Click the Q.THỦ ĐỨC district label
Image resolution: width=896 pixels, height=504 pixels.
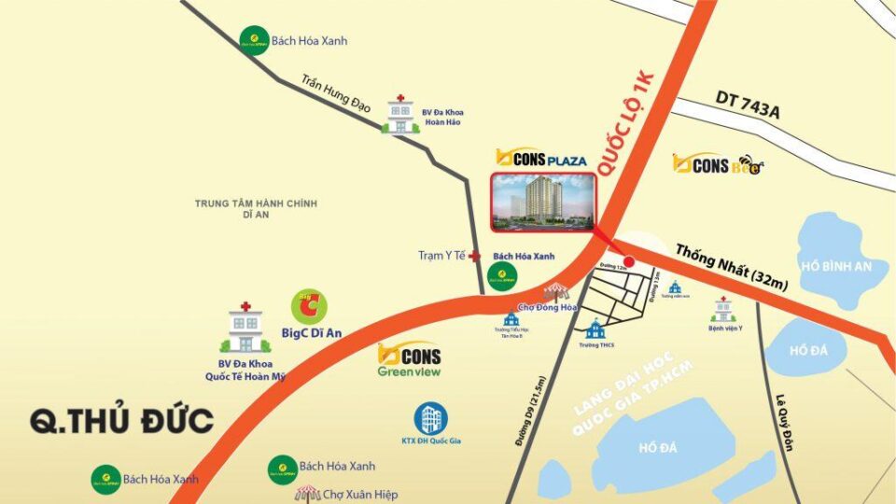click(122, 421)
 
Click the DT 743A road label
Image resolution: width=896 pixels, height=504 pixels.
click(747, 103)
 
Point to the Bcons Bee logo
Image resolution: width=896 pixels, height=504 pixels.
click(718, 165)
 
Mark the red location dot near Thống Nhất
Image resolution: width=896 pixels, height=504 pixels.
click(627, 262)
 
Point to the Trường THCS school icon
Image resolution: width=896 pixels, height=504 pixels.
click(595, 329)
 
